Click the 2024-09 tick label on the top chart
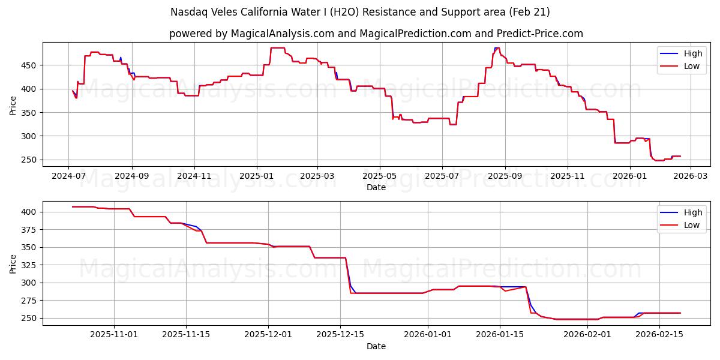pos(131,176)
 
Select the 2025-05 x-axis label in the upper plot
pos(379,176)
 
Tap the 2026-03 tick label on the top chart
pos(689,176)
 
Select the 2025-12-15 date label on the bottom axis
pos(341,335)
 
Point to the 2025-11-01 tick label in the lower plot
pos(114,335)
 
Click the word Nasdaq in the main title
pos(187,12)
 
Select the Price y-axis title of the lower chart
pos(13,263)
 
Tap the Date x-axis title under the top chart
pos(376,188)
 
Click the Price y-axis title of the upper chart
pos(13,105)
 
